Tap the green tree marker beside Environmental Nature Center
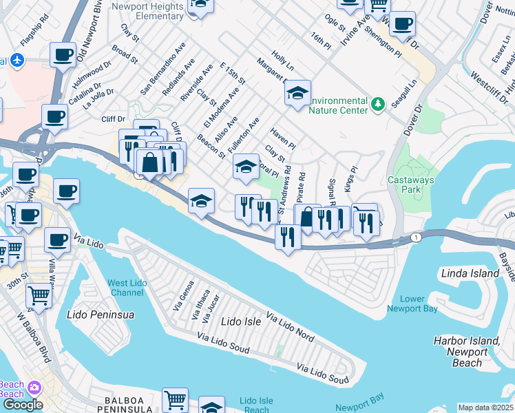pos(377,105)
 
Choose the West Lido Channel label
pos(126,288)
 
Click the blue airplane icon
pos(17,61)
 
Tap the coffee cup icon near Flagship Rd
pos(63,54)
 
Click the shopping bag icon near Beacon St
pos(149,162)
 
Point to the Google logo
pos(22,405)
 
